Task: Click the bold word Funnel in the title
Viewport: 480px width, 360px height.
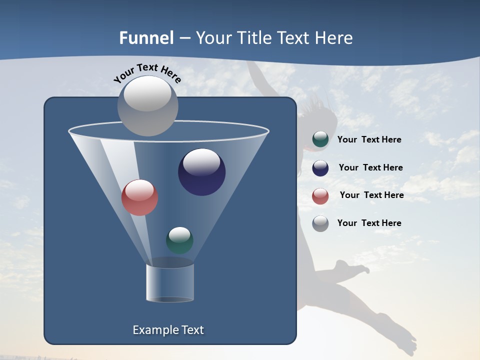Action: [146, 38]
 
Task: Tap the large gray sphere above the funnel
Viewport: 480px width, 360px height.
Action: [148, 106]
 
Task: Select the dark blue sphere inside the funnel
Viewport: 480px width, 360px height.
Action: [202, 172]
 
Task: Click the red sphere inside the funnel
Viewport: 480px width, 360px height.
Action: [140, 197]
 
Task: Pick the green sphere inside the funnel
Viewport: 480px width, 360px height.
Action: [179, 240]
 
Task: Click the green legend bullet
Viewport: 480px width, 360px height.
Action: [320, 139]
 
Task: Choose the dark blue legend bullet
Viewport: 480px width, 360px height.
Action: [320, 168]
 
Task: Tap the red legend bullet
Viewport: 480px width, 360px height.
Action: [320, 196]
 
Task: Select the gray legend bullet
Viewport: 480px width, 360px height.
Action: [320, 223]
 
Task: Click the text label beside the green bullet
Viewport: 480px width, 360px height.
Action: [369, 139]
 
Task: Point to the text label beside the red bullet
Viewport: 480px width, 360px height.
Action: [371, 195]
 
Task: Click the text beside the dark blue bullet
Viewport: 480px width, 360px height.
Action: [370, 167]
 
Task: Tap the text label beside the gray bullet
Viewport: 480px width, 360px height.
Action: [369, 223]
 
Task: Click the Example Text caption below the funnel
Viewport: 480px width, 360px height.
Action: [168, 330]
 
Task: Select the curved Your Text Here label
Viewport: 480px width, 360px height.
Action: [147, 73]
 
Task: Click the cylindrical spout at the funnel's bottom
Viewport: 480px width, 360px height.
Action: [170, 282]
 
